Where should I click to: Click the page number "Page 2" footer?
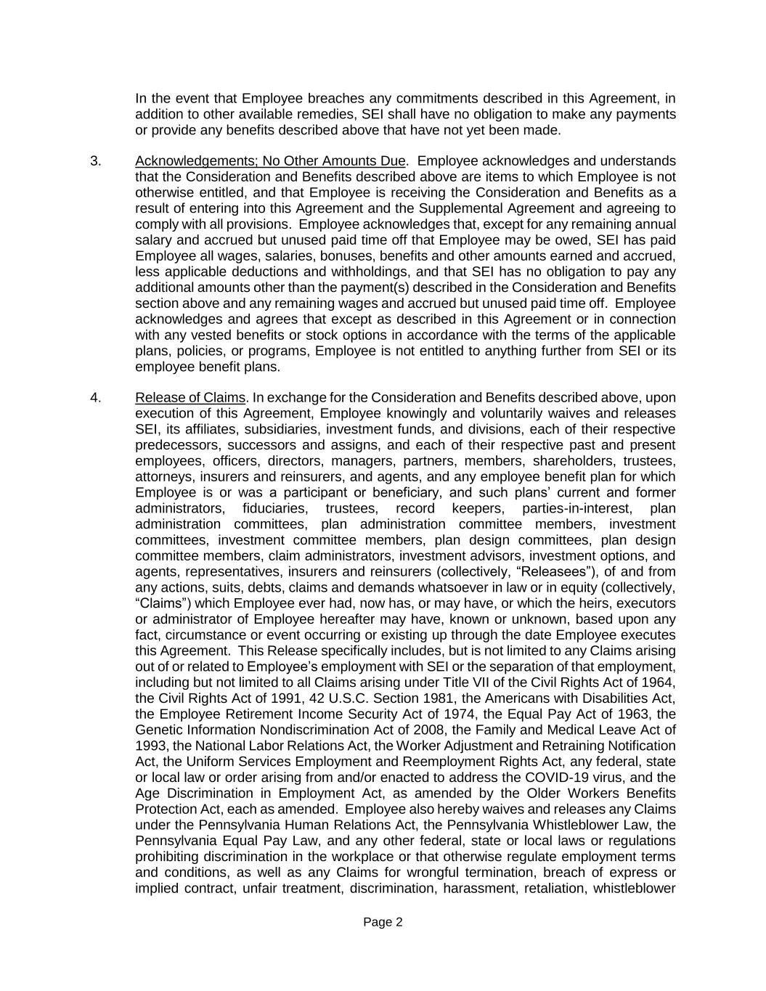click(x=383, y=923)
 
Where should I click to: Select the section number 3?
click(x=96, y=161)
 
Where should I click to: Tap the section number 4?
click(x=96, y=398)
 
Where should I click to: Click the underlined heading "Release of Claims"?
click(x=190, y=398)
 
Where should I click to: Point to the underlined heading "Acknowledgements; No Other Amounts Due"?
click(x=270, y=161)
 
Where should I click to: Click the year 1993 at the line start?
click(x=150, y=746)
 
